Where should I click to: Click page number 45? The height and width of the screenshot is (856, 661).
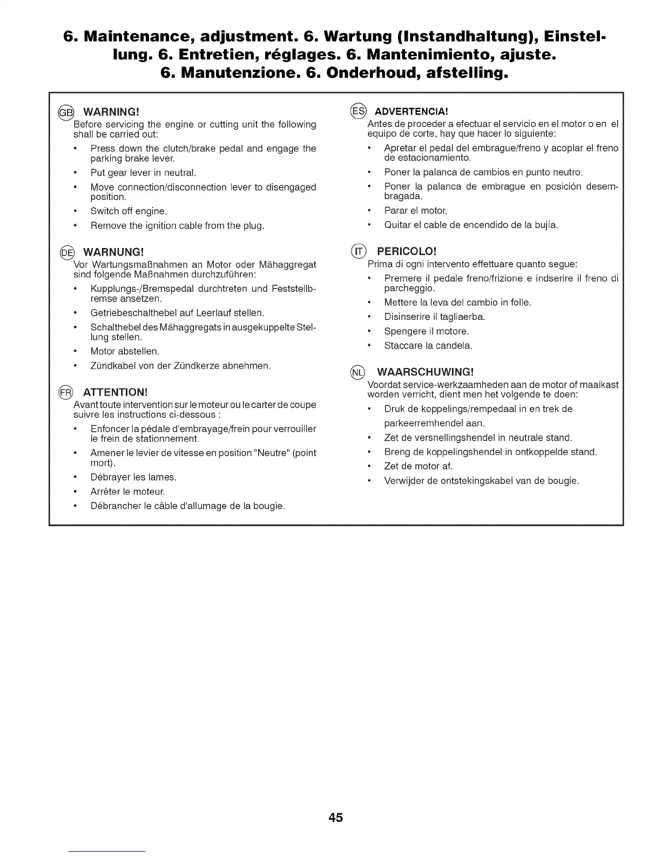click(335, 817)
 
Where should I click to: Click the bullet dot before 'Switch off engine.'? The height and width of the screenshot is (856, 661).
click(76, 211)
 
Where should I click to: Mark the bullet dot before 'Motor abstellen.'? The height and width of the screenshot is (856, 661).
click(76, 351)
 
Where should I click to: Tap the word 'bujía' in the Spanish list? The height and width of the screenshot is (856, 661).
click(547, 225)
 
